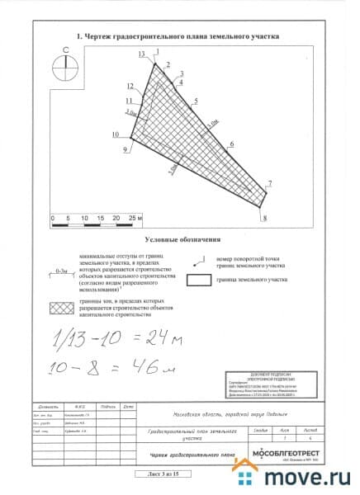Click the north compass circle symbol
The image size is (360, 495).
pyautogui.click(x=64, y=67)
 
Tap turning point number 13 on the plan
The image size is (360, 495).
pyautogui.click(x=142, y=54)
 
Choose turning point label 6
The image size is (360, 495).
pyautogui.click(x=232, y=144)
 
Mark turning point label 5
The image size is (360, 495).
pyautogui.click(x=196, y=101)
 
